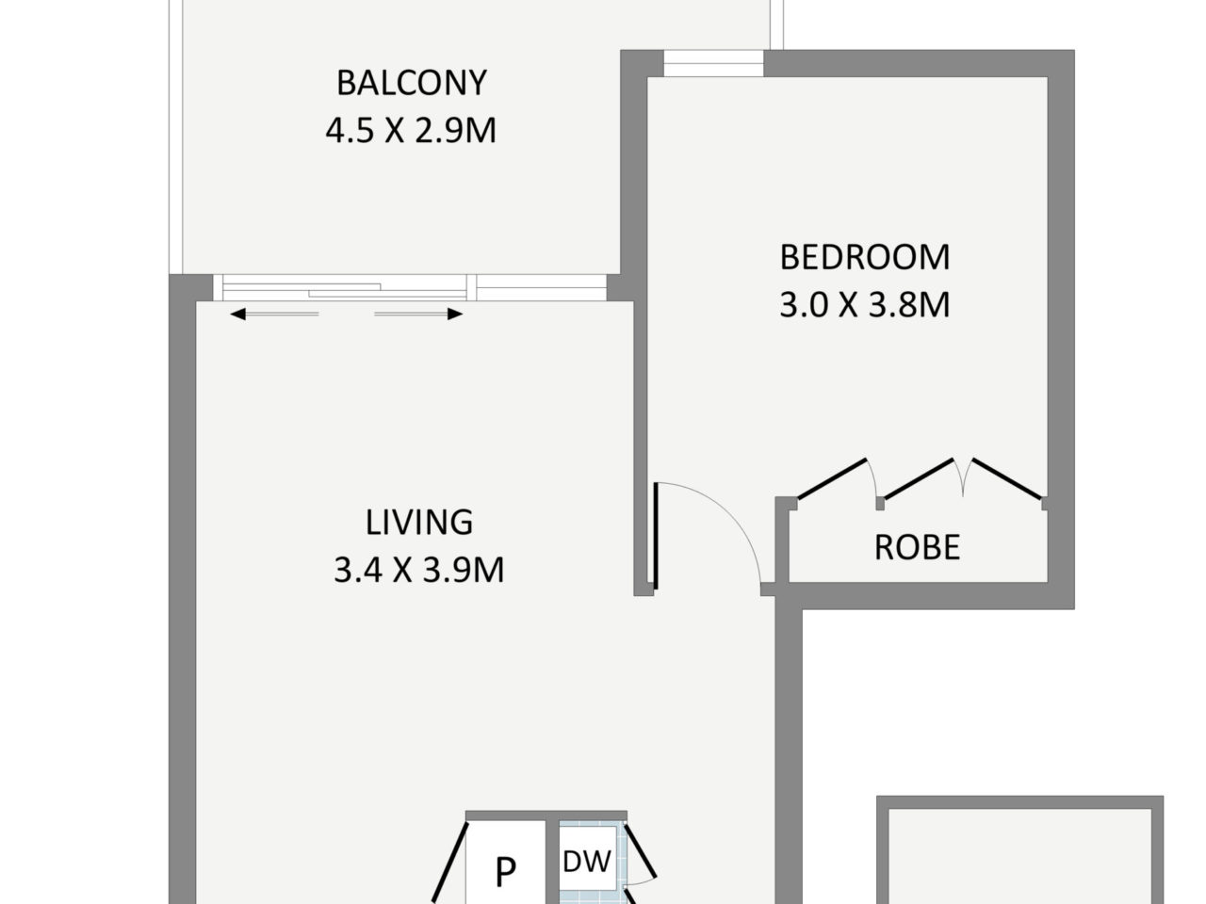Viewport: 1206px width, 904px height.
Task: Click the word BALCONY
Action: pos(412,83)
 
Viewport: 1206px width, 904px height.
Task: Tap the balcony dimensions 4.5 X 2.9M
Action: pos(411,131)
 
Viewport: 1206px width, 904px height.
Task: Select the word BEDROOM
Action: pos(865,257)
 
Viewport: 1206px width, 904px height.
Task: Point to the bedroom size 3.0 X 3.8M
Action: pos(865,305)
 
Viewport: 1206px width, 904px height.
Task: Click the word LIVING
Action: pos(419,522)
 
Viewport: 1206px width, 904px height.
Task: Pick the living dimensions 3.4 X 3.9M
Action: pos(419,570)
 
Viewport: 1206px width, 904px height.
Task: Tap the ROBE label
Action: pos(917,547)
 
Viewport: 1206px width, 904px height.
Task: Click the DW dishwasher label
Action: pos(587,862)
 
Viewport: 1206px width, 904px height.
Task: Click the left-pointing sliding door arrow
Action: pos(274,314)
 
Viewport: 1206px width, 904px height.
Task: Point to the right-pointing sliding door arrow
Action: pos(418,314)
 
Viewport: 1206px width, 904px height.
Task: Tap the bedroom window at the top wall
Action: pos(714,64)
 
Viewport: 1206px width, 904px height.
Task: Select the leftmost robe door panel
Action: pos(832,479)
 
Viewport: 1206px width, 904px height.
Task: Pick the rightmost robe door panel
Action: pos(1007,479)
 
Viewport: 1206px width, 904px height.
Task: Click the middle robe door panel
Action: pos(918,479)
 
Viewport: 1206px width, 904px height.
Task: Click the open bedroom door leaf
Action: pos(656,536)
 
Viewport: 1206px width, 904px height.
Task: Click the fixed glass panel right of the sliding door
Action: pos(541,287)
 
